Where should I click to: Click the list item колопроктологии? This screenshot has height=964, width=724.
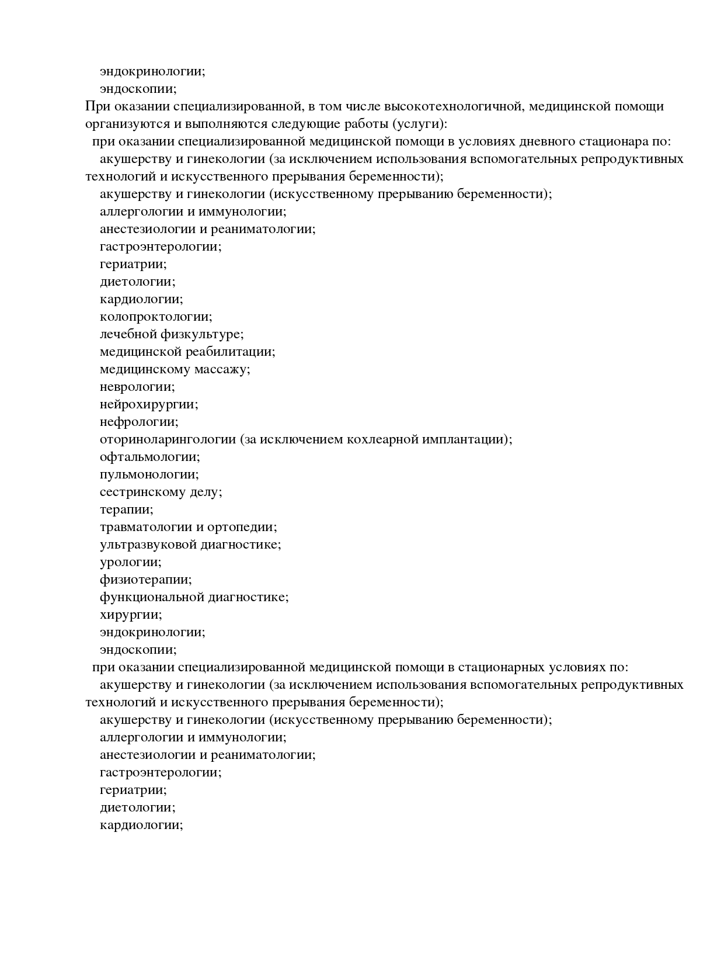tap(156, 317)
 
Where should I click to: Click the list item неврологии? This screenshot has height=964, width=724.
tap(137, 387)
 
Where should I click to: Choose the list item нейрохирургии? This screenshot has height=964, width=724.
tap(149, 404)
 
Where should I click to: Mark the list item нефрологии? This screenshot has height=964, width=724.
tap(139, 422)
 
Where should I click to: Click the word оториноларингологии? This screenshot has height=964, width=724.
tap(168, 439)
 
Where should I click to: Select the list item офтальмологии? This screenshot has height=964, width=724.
tap(150, 457)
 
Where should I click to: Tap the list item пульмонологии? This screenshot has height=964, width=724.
tap(149, 474)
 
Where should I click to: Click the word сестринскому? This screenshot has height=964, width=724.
tap(142, 492)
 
